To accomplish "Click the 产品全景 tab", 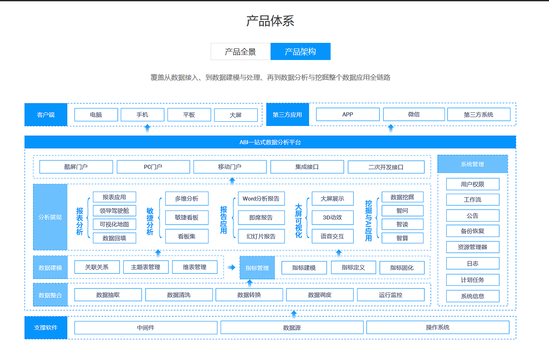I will coord(241,52).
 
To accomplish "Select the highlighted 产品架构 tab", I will coord(301,52).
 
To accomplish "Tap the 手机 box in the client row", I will coord(143,115).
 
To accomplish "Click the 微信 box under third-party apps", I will coord(414,114).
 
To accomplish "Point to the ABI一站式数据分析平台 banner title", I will coord(270,142).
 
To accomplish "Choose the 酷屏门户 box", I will coord(76,167).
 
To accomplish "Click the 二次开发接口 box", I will coord(386,167).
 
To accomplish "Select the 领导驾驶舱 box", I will coord(114,211).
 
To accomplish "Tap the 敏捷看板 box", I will coord(187,218).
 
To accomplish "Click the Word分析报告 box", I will coord(261,199).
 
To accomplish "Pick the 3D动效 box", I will coord(333,218).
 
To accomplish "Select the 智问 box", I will coord(403,211).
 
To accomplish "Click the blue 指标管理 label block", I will coord(257,268).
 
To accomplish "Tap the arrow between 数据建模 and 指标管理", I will coord(231,267).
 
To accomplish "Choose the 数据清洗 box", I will coord(179,295).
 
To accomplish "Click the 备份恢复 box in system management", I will coord(473,231).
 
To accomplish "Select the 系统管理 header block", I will coord(473,164).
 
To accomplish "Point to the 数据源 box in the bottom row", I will coord(292,328).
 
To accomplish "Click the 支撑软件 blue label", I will coord(46,328).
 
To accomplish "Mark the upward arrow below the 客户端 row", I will coord(147,128).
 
